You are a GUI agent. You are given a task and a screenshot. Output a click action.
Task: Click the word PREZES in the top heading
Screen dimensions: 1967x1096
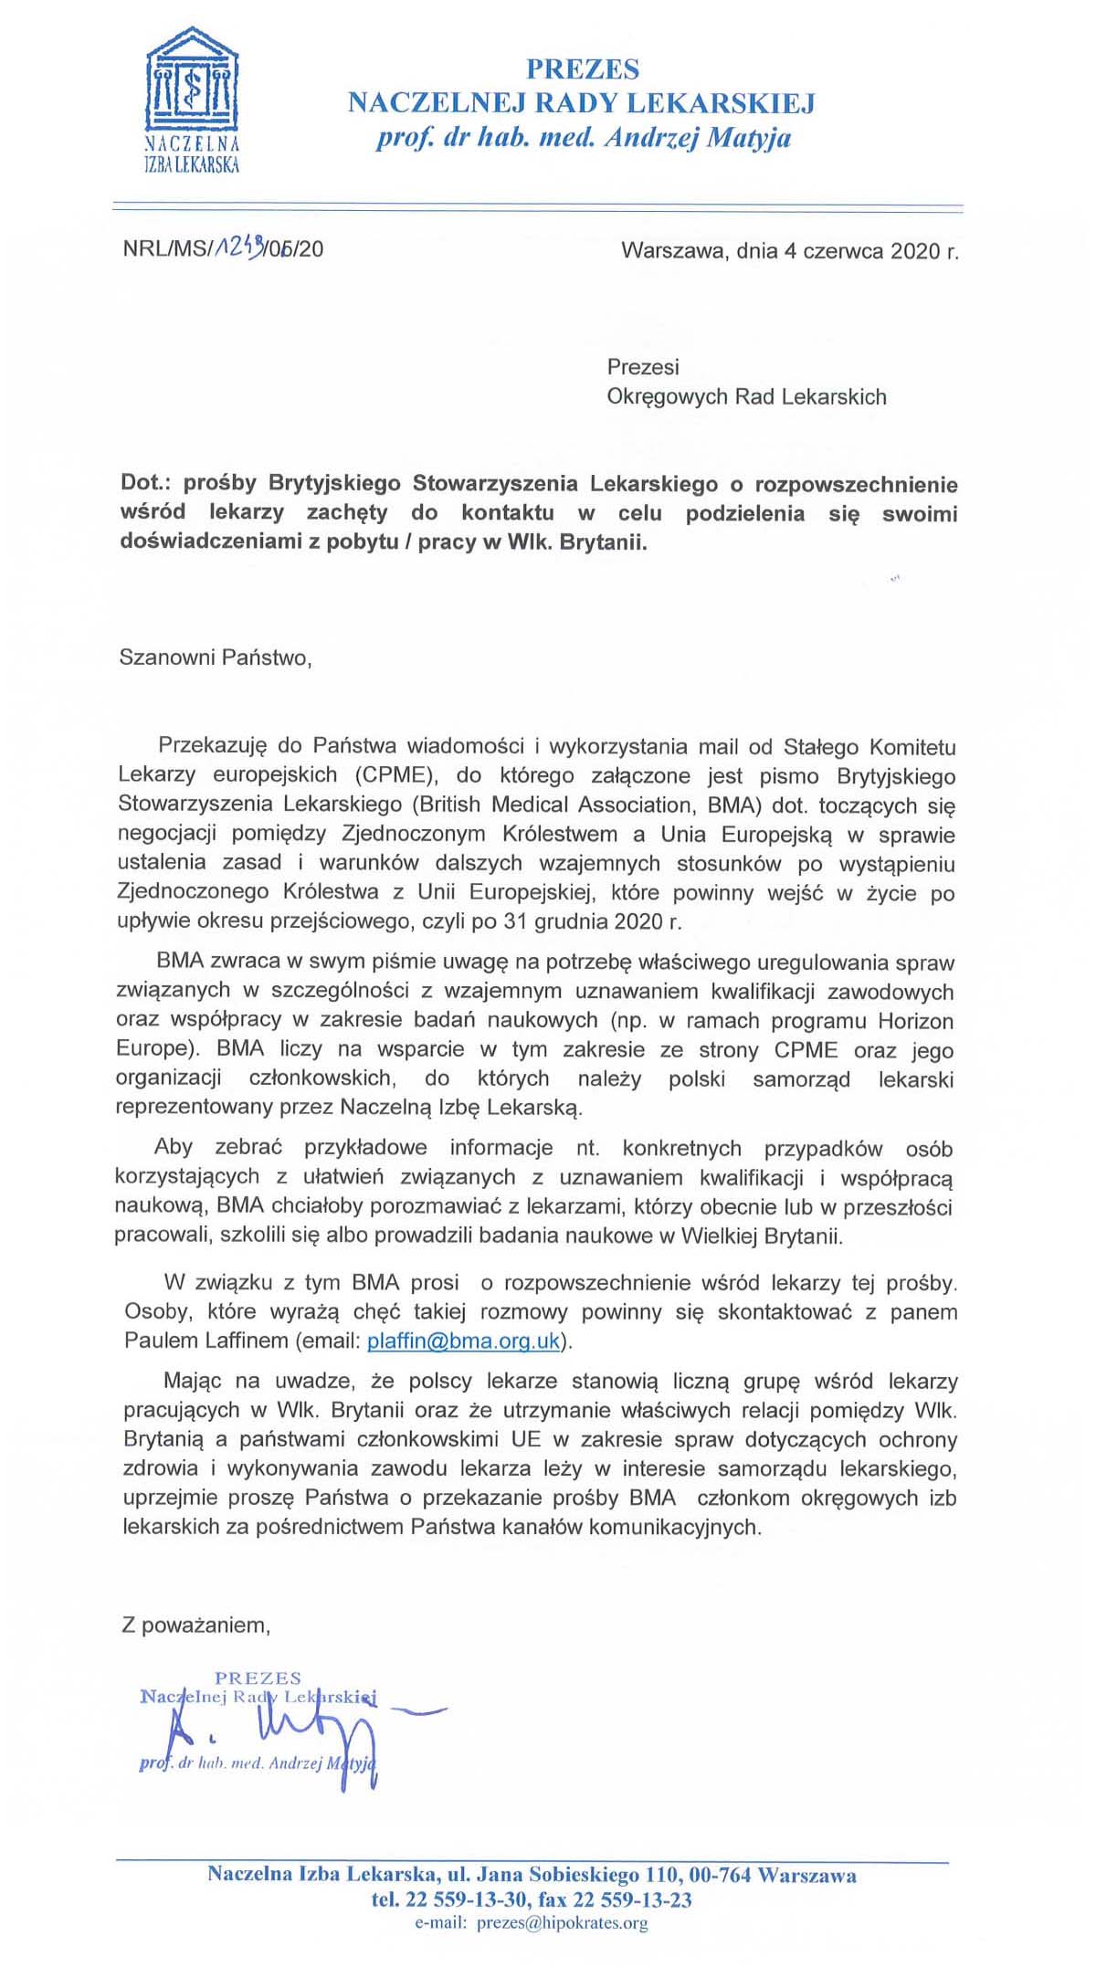(582, 69)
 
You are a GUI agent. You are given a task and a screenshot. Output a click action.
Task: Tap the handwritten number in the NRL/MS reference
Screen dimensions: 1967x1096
(237, 246)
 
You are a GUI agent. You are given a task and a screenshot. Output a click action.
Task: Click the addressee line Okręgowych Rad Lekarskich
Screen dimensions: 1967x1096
(746, 396)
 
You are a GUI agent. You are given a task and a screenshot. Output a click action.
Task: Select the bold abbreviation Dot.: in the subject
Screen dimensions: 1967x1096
(146, 483)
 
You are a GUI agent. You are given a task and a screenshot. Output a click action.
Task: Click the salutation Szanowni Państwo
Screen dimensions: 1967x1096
(215, 657)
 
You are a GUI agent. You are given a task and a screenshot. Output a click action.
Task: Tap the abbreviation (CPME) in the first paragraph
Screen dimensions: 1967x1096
(394, 775)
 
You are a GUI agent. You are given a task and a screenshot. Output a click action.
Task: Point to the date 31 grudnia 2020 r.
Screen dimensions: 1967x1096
(592, 920)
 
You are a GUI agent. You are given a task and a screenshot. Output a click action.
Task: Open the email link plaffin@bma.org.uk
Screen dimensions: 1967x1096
(463, 1341)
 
